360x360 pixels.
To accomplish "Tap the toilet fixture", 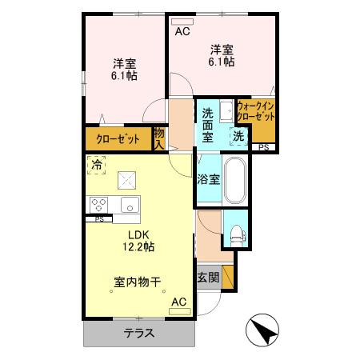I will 237,234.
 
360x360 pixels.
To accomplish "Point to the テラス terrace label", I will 138,334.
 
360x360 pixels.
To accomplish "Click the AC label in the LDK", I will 178,302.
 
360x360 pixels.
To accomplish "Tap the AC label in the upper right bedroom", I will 182,33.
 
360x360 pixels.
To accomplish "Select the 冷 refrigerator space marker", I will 96,166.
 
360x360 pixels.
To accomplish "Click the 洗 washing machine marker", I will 238,137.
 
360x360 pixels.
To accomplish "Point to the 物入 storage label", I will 158,138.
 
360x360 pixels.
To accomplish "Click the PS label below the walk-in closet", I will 263,147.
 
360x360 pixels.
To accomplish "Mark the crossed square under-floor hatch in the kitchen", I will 126,179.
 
